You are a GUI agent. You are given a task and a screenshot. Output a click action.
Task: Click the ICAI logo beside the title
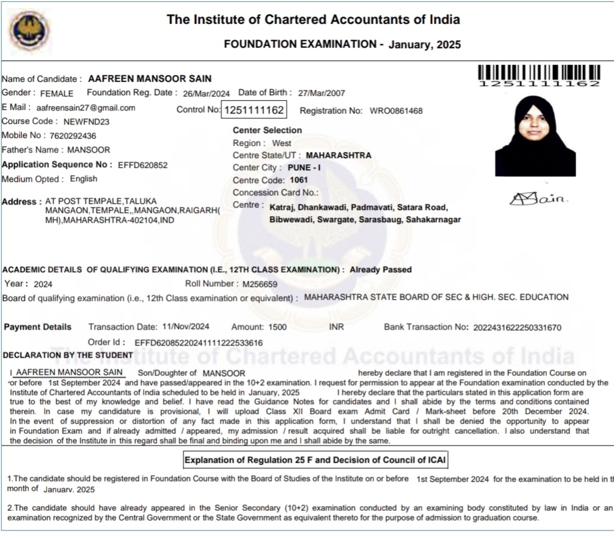tap(29, 31)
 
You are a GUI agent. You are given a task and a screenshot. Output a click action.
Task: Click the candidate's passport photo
tap(535, 136)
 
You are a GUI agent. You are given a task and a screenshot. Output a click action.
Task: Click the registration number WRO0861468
tap(395, 111)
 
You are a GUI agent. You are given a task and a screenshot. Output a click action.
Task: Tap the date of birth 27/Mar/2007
tap(321, 93)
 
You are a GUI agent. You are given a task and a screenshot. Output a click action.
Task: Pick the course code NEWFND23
tap(86, 121)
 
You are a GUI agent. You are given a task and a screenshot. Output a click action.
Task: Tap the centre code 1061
tap(299, 180)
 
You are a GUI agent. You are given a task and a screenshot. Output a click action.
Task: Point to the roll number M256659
tap(260, 284)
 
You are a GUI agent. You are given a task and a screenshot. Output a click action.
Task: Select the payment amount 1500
tap(277, 327)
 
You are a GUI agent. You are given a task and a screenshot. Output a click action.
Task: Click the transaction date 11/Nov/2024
tap(184, 327)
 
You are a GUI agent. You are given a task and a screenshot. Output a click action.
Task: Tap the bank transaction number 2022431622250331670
tap(517, 328)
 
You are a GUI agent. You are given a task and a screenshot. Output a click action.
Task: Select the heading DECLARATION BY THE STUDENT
tap(68, 355)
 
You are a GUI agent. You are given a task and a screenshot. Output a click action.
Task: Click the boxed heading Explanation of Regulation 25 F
tap(317, 460)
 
